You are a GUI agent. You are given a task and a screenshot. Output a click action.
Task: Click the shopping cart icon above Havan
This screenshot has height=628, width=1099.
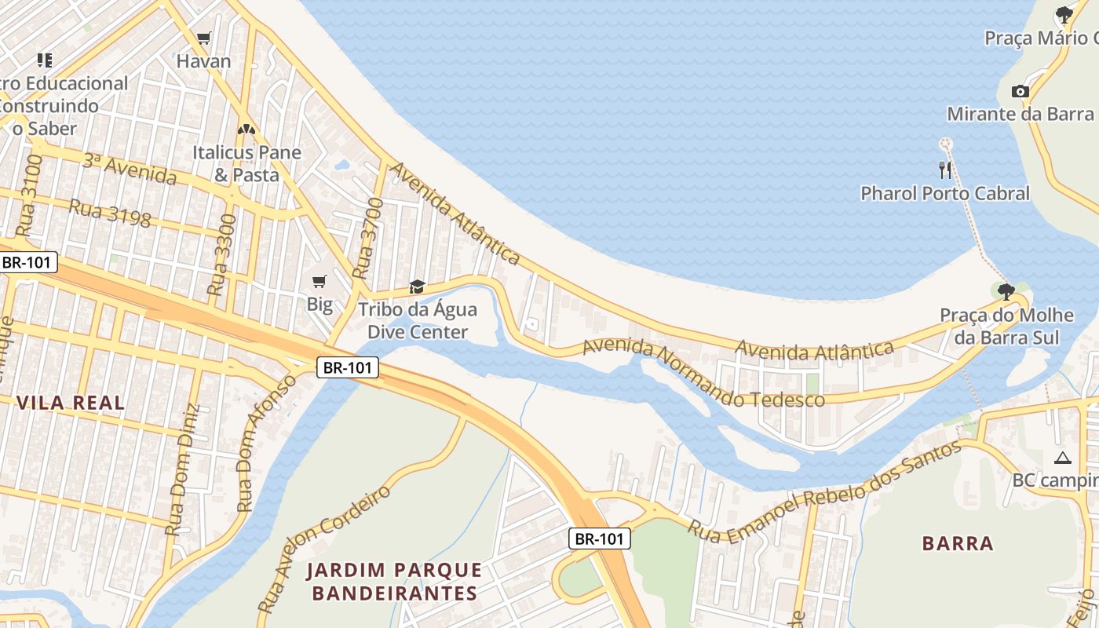[x=204, y=38]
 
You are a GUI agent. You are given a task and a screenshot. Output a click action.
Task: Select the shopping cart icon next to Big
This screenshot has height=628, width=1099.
[x=319, y=282]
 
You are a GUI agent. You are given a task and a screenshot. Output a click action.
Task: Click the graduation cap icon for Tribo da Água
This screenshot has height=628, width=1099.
[x=417, y=287]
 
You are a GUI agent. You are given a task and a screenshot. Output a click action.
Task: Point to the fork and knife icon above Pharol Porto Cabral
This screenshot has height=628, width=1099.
[x=945, y=170]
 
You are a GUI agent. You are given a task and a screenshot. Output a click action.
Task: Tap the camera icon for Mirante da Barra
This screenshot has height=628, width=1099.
[x=1020, y=91]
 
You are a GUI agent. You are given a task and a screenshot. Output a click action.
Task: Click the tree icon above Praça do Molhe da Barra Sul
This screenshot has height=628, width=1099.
[x=1006, y=292]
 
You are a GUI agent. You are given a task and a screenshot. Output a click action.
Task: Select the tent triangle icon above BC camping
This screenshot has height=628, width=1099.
[x=1063, y=458]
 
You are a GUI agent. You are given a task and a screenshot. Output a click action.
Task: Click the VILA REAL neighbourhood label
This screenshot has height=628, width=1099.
[x=71, y=403]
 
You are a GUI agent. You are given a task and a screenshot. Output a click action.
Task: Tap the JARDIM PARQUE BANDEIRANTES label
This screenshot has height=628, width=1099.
[x=394, y=581]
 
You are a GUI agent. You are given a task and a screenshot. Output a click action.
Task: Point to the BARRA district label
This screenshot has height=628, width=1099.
[x=958, y=543]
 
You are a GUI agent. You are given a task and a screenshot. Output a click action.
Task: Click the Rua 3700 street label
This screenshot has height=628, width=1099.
[x=367, y=239]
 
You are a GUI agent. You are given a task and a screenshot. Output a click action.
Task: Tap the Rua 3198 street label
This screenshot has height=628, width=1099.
[x=110, y=212]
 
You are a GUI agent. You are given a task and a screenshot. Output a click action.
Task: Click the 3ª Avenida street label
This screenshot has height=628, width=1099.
[x=129, y=169]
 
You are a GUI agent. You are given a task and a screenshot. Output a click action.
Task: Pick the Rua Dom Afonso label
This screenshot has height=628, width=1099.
[x=267, y=443]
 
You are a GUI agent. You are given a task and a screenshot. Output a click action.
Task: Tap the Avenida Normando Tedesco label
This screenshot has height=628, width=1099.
[x=703, y=373]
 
